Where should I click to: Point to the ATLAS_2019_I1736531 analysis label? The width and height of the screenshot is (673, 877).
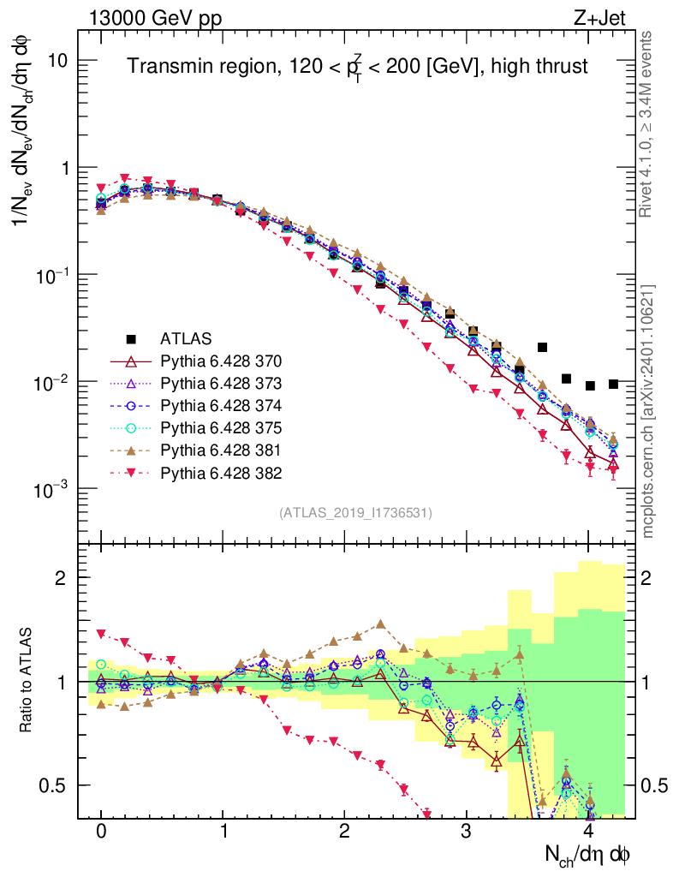pyautogui.click(x=355, y=513)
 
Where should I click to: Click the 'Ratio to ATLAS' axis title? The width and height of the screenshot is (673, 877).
pyautogui.click(x=28, y=679)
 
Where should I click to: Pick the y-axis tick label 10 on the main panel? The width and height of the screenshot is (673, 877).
pyautogui.click(x=60, y=61)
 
